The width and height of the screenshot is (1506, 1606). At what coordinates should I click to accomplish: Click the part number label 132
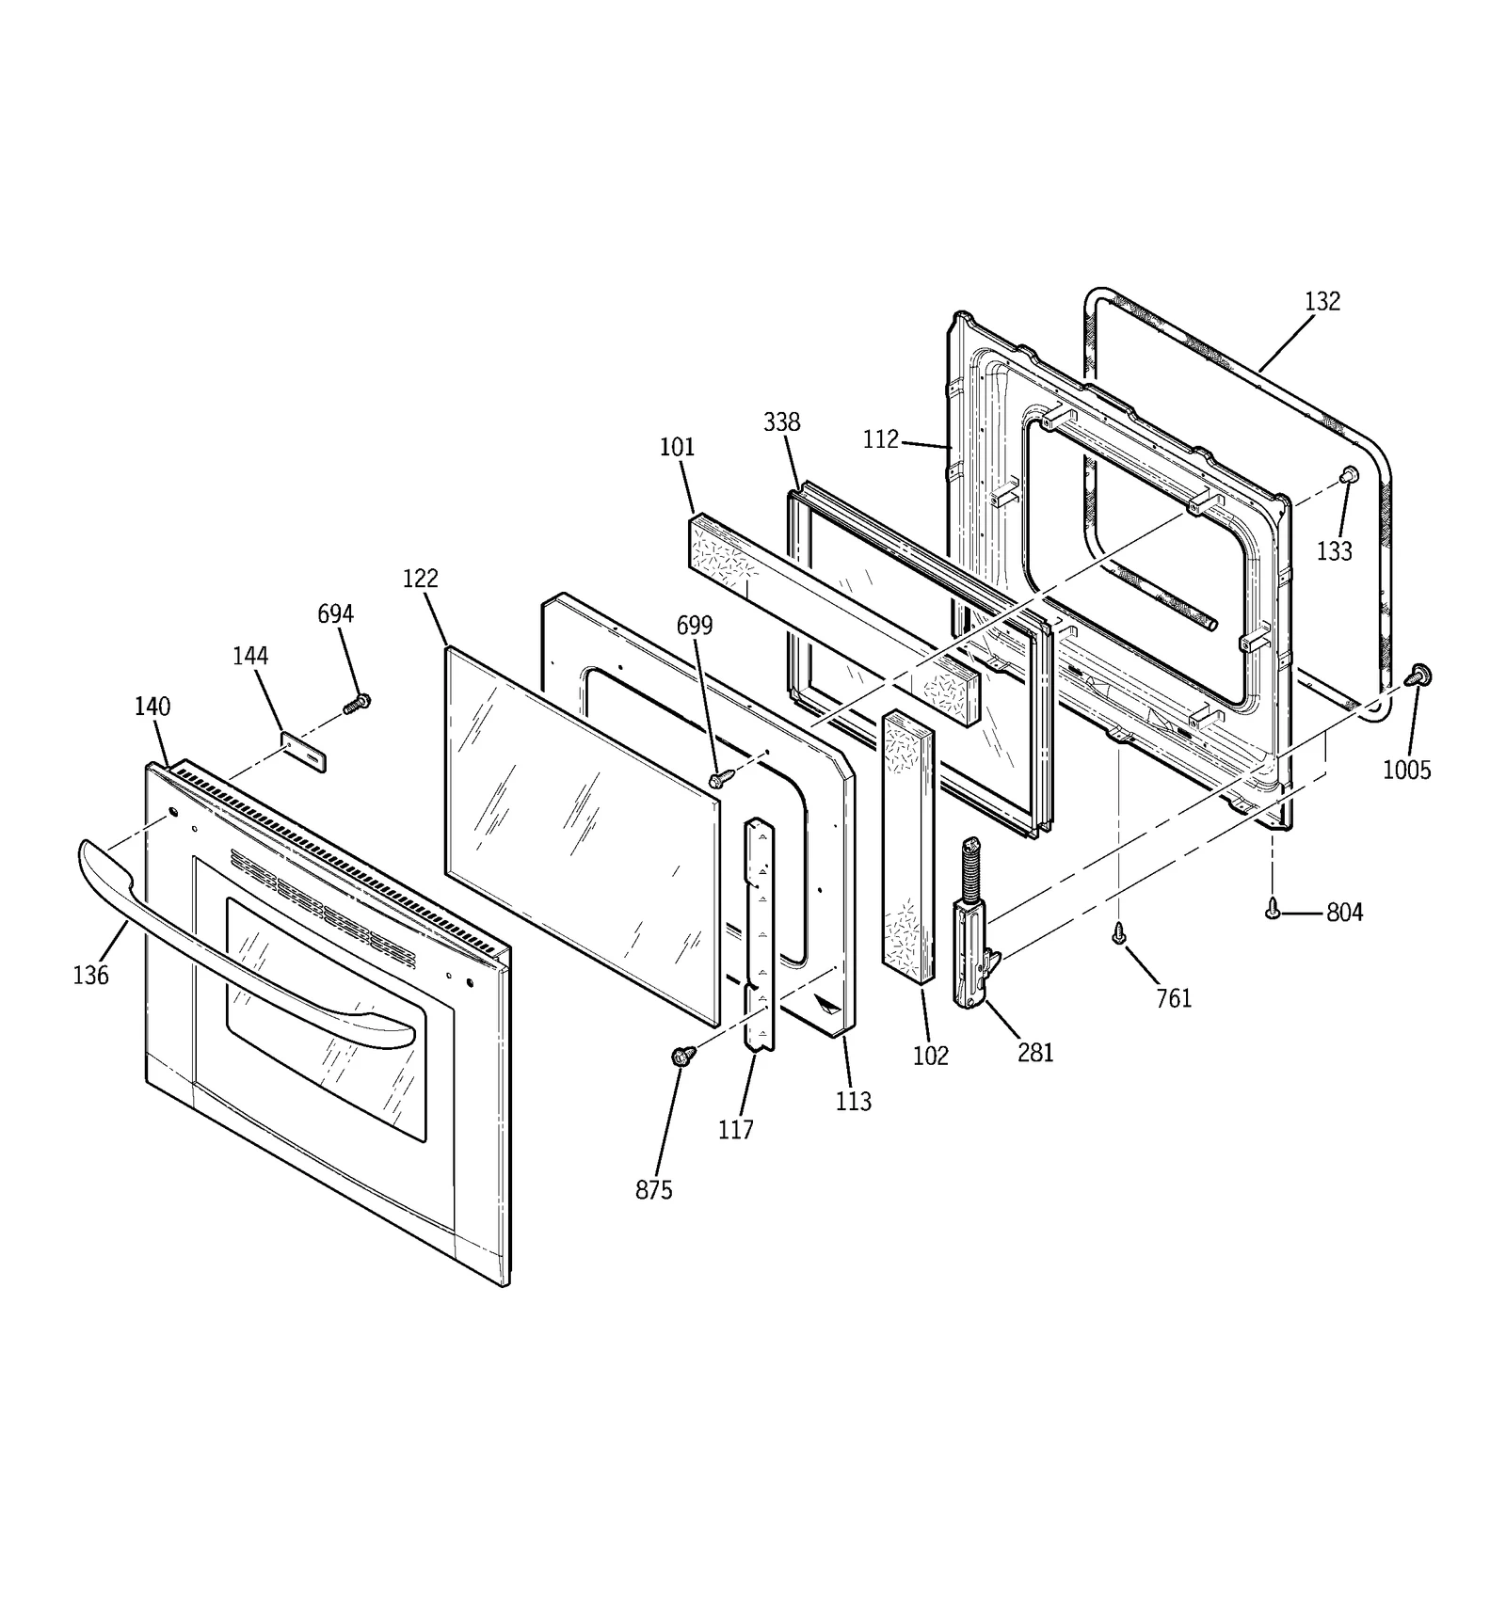(x=1322, y=302)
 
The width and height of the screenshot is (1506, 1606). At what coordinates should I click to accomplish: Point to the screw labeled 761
(x=1119, y=932)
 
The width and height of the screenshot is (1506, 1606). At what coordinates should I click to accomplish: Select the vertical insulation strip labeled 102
(x=908, y=847)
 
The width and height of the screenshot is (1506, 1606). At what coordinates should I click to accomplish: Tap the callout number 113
(x=853, y=1101)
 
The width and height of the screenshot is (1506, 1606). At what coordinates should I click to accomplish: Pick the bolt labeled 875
(x=684, y=1055)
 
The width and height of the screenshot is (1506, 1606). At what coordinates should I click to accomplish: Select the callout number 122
(x=420, y=579)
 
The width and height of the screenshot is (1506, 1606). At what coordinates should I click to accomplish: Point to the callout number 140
(x=152, y=707)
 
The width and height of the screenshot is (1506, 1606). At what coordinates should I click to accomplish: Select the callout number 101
(x=677, y=448)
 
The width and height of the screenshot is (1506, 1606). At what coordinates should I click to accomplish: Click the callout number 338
(x=781, y=422)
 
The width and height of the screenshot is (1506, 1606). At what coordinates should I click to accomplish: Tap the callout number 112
(x=880, y=440)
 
